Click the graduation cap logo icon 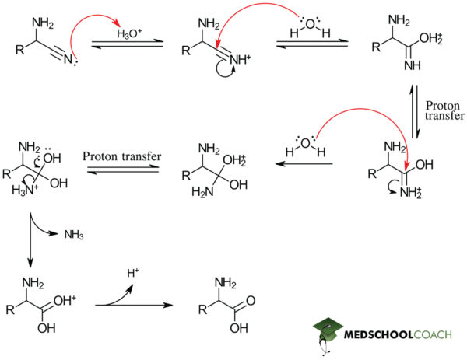(x=330, y=333)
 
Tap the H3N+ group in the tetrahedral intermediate (x=19, y=194)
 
